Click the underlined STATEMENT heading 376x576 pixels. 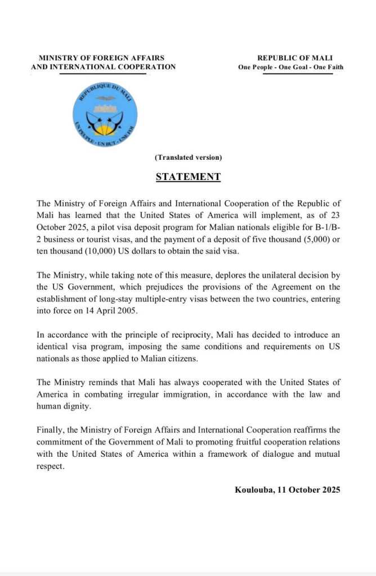click(188, 177)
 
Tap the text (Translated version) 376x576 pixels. click(188, 157)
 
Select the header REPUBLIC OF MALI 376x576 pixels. click(295, 58)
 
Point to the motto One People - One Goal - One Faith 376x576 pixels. click(290, 67)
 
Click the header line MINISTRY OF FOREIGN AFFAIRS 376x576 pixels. click(101, 58)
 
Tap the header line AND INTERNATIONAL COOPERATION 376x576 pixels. click(104, 67)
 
